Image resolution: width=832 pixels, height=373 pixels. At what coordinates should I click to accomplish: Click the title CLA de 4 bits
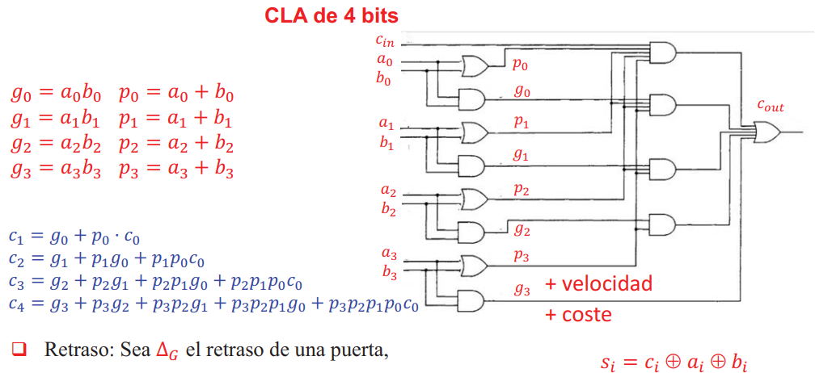pos(331,15)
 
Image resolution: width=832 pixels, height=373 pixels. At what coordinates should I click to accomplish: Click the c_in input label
pos(385,40)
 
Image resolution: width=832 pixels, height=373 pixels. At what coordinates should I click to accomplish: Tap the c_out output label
pos(770,106)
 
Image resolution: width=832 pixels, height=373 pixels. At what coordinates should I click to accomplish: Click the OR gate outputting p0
pos(474,65)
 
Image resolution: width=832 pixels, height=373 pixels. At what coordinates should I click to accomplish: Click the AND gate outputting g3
pos(471,300)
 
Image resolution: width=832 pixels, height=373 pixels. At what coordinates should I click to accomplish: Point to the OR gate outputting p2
pos(474,198)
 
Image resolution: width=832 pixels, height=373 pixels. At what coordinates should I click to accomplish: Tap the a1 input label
pos(386,125)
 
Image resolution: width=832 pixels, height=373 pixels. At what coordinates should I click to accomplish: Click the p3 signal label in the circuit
pos(522,256)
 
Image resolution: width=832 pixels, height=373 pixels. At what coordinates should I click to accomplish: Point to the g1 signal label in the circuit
pos(522,154)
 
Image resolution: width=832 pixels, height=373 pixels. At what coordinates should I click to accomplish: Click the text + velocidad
pos(598,284)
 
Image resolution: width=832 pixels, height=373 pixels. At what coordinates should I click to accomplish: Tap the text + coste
pos(577,314)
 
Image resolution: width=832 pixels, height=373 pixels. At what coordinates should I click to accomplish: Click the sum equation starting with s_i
pos(674,363)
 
